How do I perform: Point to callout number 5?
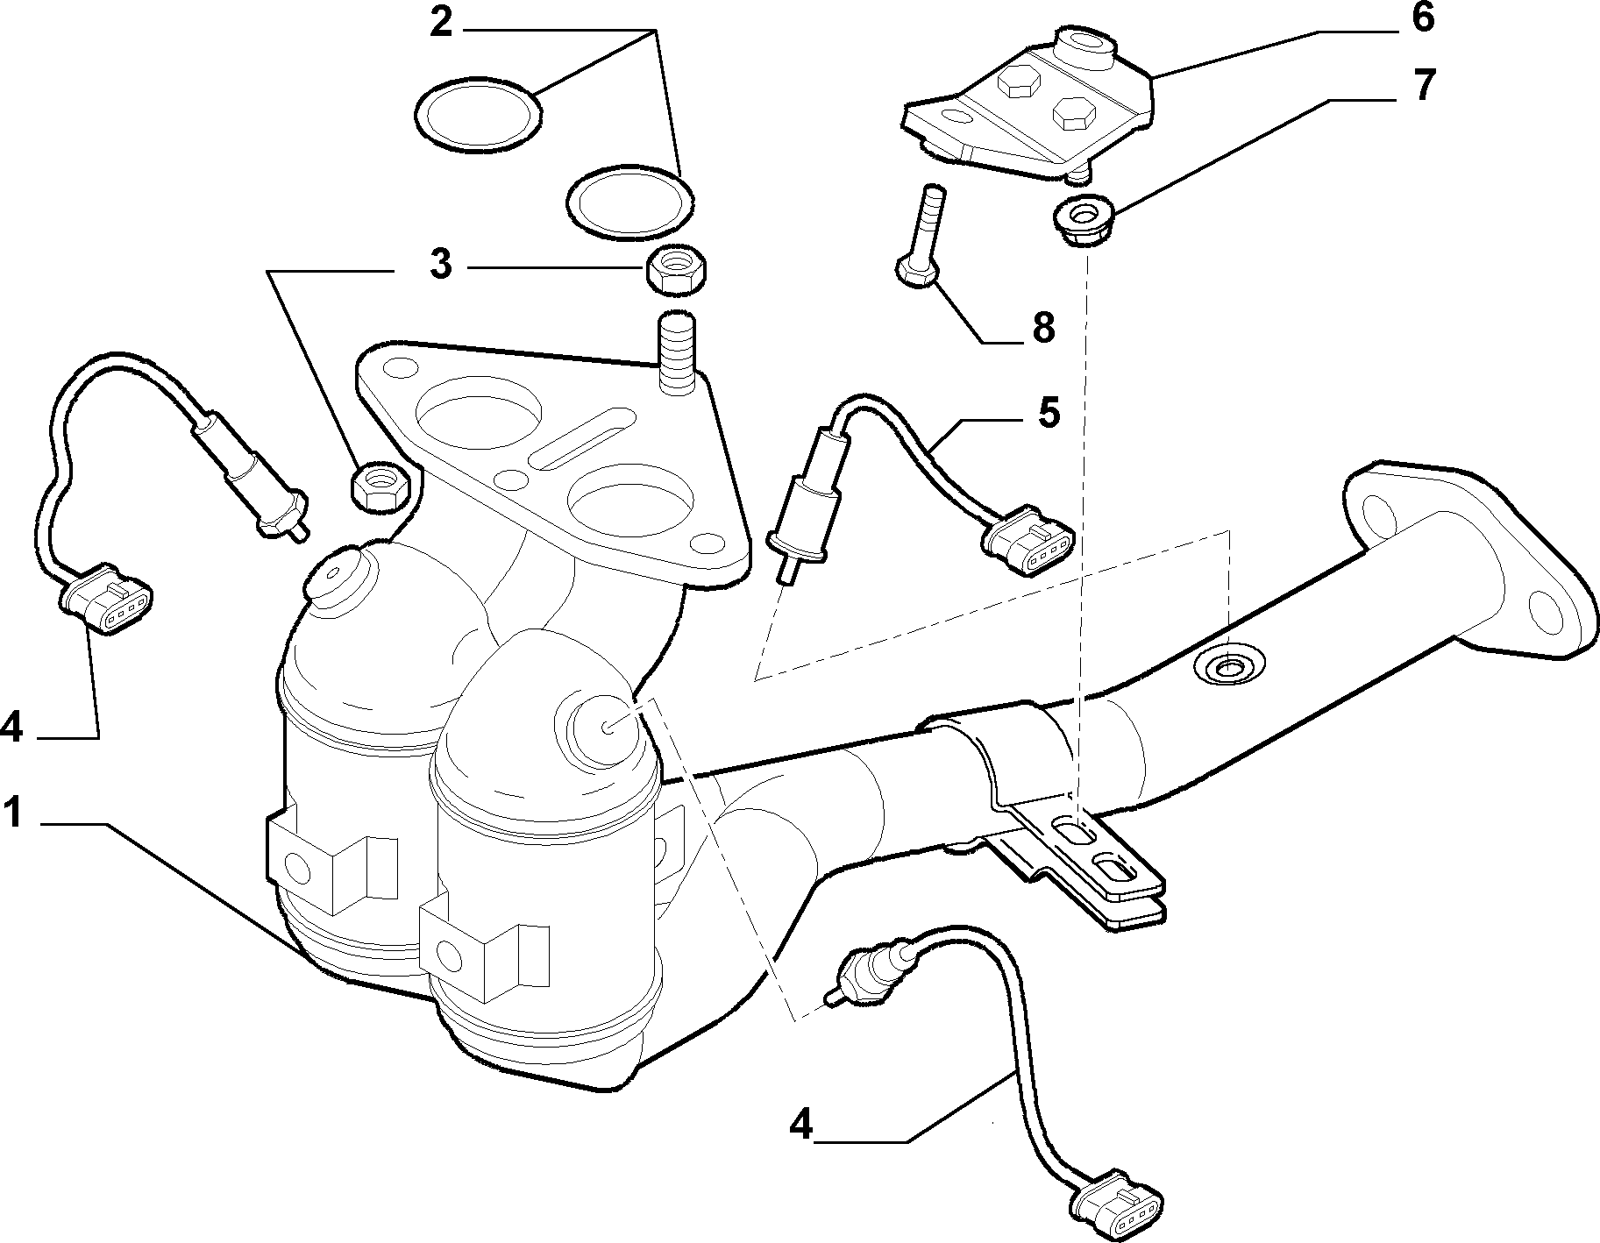coord(1048,413)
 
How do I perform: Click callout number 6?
coord(1421,18)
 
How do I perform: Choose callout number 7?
coord(1421,86)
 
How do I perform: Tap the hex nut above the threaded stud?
coord(677,271)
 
